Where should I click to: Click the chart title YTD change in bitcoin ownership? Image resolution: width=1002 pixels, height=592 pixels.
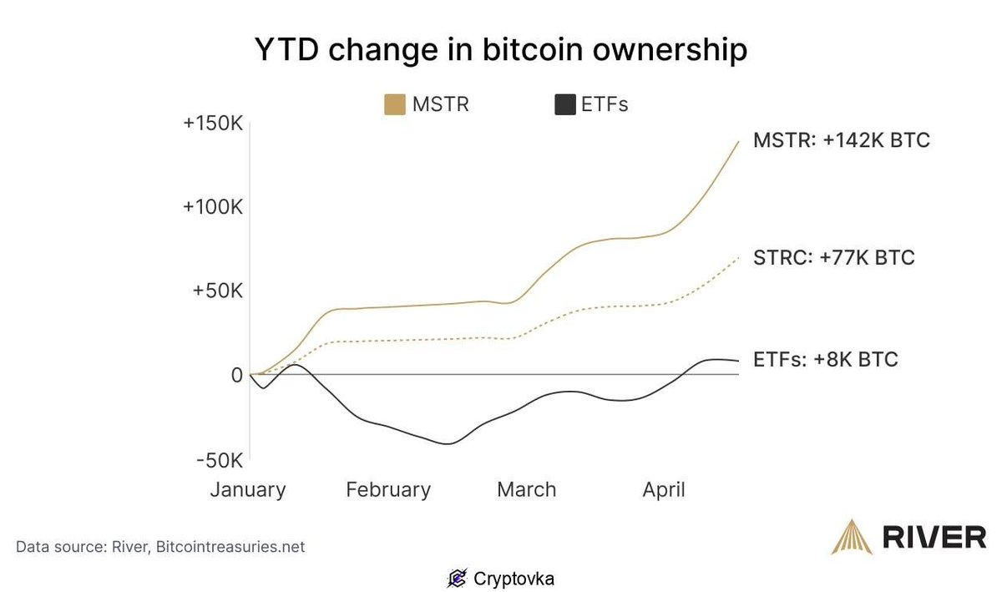pyautogui.click(x=500, y=51)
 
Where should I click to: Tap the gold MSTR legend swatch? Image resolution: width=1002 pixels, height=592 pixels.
pyautogui.click(x=395, y=105)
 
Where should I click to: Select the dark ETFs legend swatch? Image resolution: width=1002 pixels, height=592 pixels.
pyautogui.click(x=565, y=105)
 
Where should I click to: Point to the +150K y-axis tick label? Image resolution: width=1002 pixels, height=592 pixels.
pyautogui.click(x=213, y=124)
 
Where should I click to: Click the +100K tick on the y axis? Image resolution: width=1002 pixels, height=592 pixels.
pyautogui.click(x=213, y=206)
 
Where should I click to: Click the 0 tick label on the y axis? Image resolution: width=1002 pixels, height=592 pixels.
pyautogui.click(x=236, y=376)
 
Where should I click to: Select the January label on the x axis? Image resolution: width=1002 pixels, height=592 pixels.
pyautogui.click(x=247, y=489)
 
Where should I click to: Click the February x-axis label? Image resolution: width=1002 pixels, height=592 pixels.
pyautogui.click(x=388, y=489)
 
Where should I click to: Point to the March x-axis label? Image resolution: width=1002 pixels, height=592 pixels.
pyautogui.click(x=526, y=489)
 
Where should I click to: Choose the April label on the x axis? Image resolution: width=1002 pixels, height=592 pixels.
pyautogui.click(x=664, y=489)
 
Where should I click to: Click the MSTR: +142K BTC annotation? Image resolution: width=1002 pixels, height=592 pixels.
pyautogui.click(x=841, y=140)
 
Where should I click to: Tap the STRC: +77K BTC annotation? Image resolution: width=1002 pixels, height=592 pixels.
pyautogui.click(x=833, y=257)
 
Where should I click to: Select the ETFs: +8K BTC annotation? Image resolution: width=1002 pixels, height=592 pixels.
pyautogui.click(x=825, y=360)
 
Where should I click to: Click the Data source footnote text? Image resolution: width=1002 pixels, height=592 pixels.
pyautogui.click(x=160, y=548)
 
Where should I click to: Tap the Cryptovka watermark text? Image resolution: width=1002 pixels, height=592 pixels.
pyautogui.click(x=514, y=578)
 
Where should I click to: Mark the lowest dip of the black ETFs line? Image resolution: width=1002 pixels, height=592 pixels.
pyautogui.click(x=448, y=443)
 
